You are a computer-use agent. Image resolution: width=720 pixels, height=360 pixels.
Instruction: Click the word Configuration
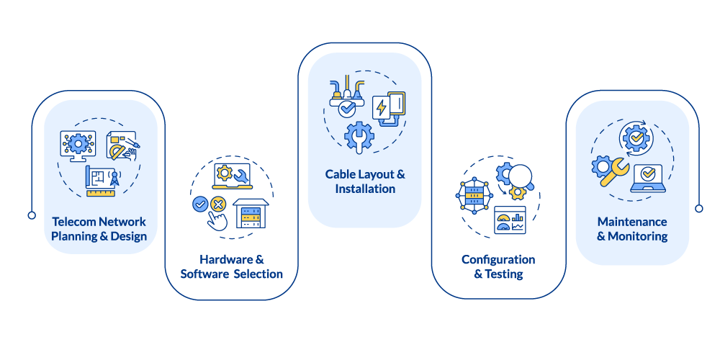point(498,259)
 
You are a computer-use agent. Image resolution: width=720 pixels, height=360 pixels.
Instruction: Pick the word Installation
point(365,189)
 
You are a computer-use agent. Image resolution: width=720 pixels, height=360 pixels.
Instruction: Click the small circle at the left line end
point(32,215)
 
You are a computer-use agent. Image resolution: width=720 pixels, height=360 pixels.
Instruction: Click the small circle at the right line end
point(698,209)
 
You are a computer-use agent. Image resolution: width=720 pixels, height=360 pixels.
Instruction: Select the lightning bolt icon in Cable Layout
point(380,109)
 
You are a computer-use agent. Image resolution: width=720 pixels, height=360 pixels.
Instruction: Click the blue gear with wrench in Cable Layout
point(358,136)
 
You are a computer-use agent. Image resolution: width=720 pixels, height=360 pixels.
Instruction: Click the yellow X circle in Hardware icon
point(217,204)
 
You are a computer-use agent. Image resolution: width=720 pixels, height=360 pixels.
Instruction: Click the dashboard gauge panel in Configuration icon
point(510,220)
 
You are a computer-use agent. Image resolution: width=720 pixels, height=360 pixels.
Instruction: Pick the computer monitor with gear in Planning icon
point(77,144)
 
